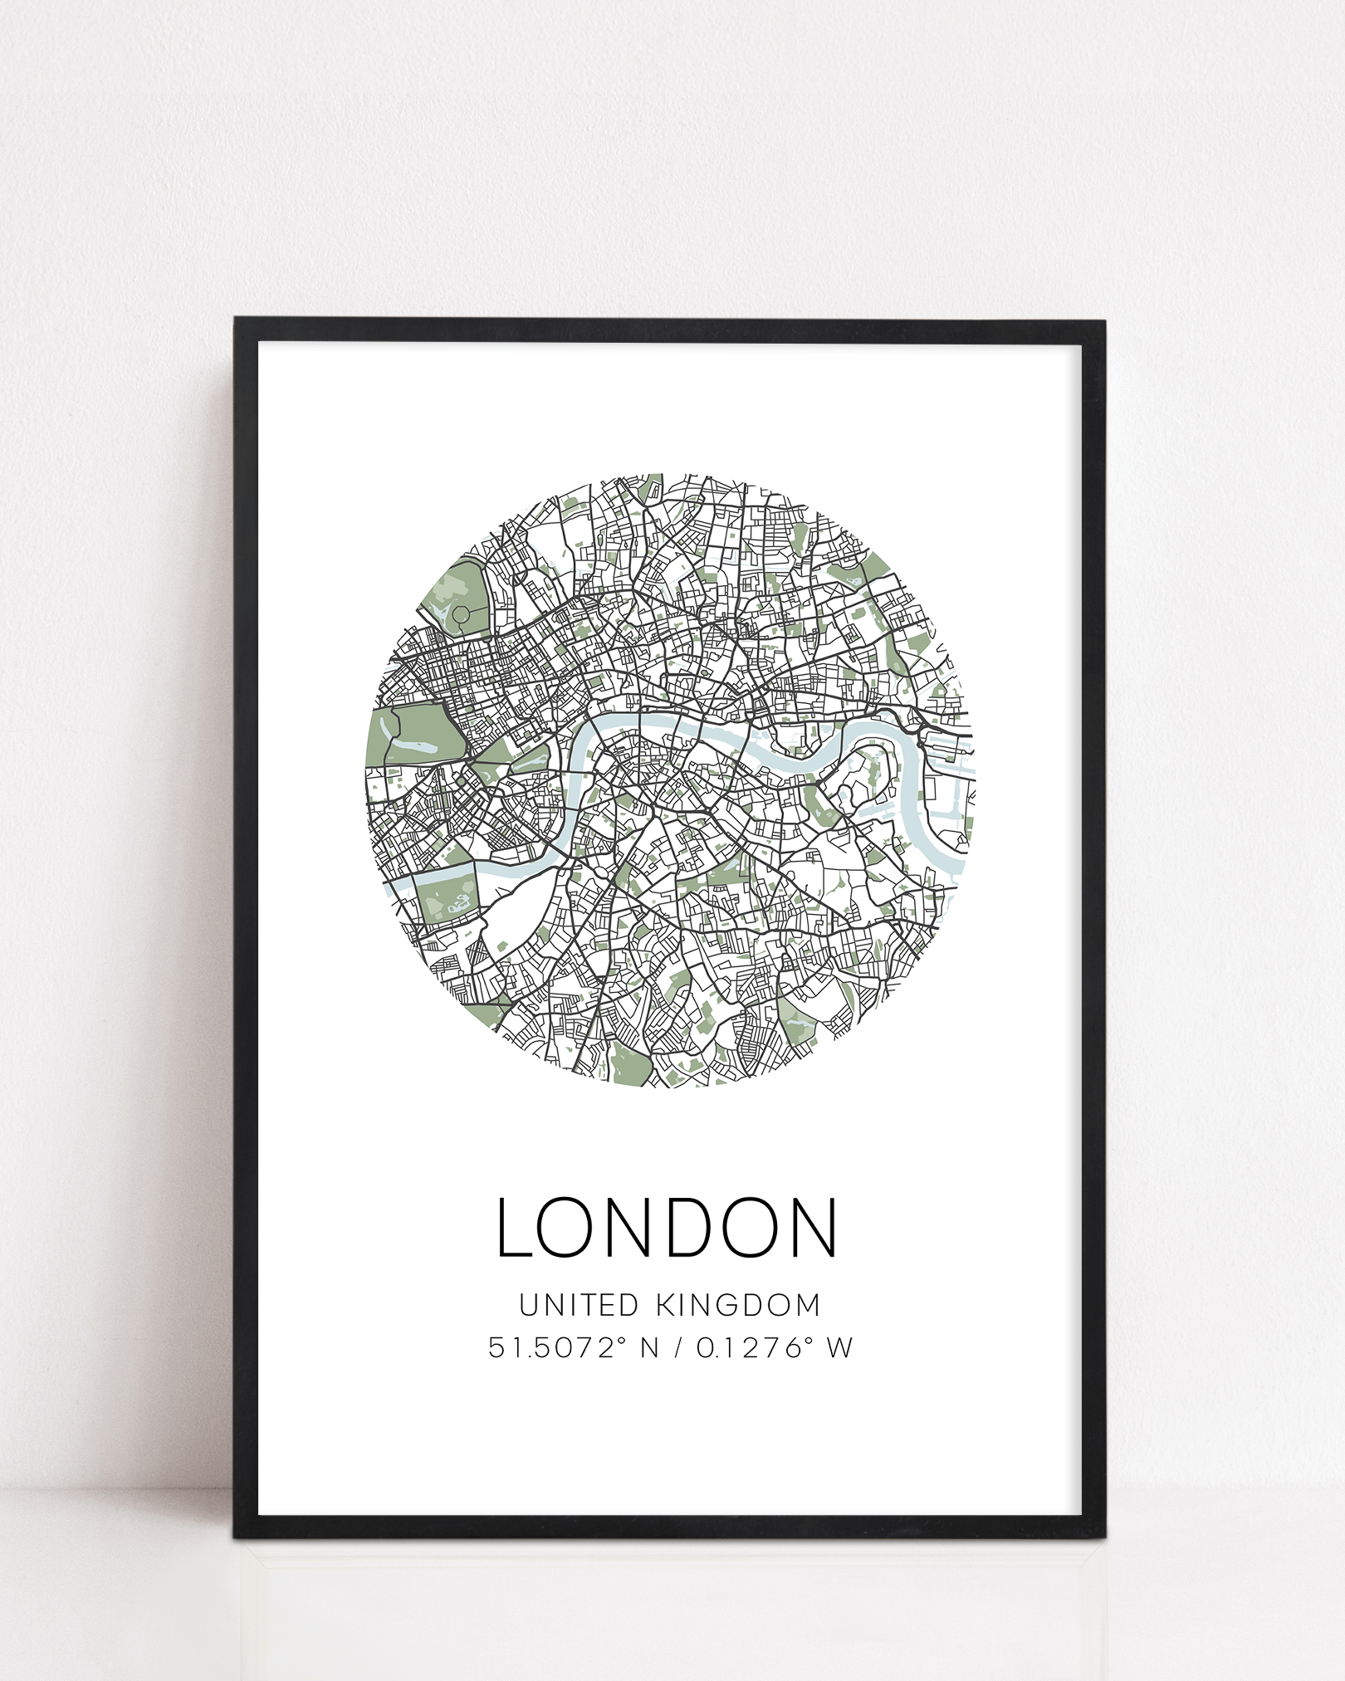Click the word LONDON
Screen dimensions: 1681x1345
(x=667, y=1228)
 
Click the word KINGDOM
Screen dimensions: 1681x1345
(x=737, y=1306)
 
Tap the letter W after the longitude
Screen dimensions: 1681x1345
(x=839, y=1347)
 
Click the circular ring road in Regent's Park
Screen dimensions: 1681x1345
(x=462, y=615)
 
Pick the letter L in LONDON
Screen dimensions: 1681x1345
(x=514, y=1228)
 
